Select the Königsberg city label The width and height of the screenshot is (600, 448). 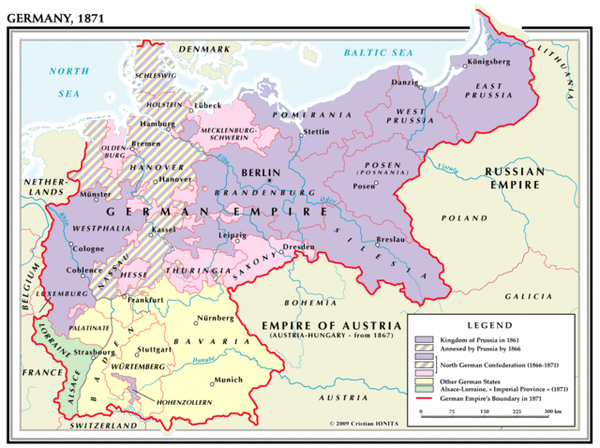pyautogui.click(x=487, y=63)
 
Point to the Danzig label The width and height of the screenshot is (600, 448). pyautogui.click(x=404, y=82)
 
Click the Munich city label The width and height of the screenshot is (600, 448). pyautogui.click(x=229, y=380)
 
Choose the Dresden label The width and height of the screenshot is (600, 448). pyautogui.click(x=298, y=246)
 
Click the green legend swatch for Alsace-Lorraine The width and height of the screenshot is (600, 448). pyautogui.click(x=422, y=389)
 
